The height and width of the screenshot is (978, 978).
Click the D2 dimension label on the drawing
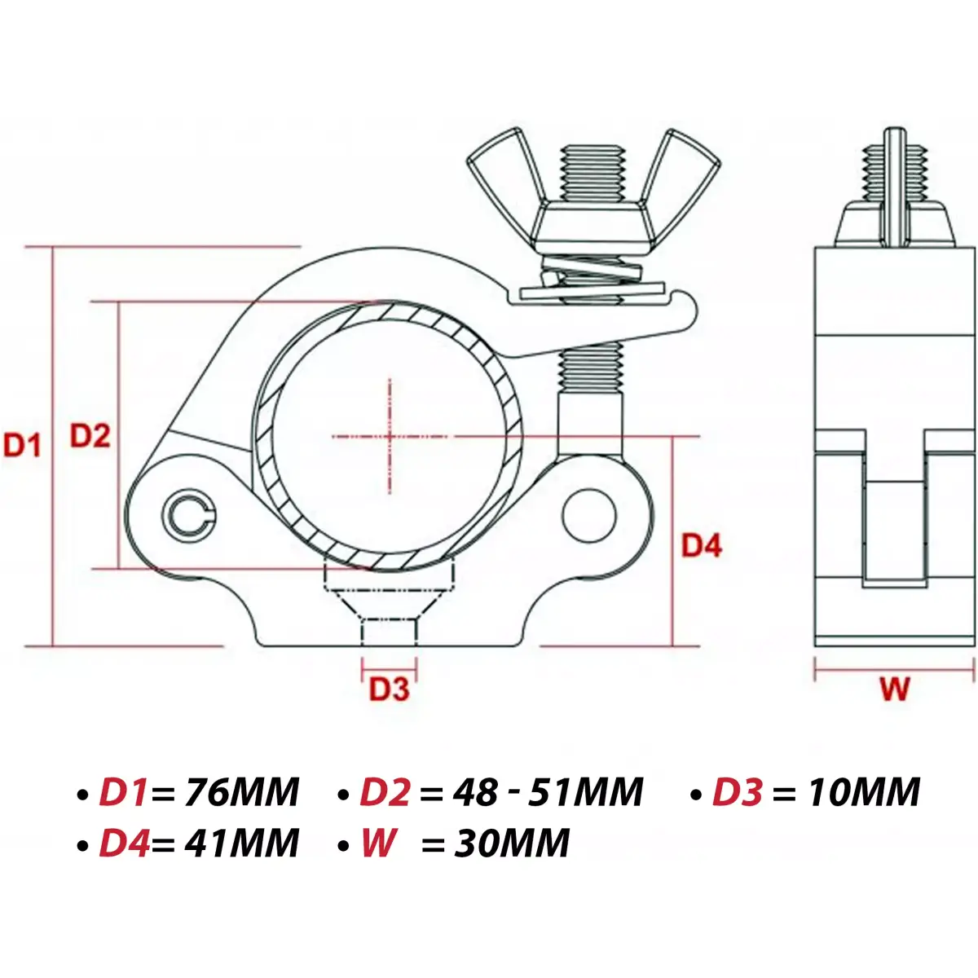pyautogui.click(x=89, y=436)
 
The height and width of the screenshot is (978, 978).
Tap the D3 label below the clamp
pyautogui.click(x=389, y=689)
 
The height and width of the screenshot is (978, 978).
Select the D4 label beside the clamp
pyautogui.click(x=702, y=545)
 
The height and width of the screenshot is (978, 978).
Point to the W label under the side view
pyautogui.click(x=895, y=689)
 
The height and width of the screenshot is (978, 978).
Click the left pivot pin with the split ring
pyautogui.click(x=191, y=514)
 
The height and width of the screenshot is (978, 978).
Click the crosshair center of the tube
pyautogui.click(x=390, y=437)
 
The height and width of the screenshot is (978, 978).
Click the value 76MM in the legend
pyautogui.click(x=242, y=792)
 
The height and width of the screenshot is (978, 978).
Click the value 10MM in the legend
pyautogui.click(x=863, y=792)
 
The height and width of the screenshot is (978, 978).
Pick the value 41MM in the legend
pyautogui.click(x=242, y=843)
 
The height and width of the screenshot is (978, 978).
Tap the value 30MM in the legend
pyautogui.click(x=512, y=843)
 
